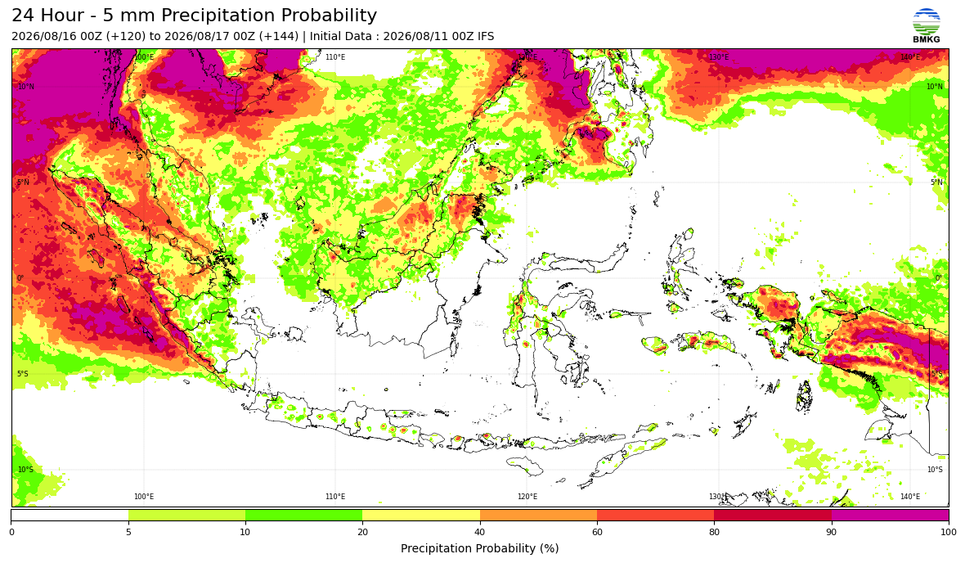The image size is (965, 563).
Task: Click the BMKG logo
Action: (927, 25)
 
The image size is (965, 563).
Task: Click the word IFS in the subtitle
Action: (486, 36)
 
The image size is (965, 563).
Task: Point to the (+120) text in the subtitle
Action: (126, 36)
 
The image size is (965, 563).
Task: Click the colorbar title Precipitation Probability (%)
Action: (479, 548)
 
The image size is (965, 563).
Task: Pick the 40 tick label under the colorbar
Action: (479, 532)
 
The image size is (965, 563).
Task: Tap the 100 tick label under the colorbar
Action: (949, 532)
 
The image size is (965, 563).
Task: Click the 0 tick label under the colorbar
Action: (11, 532)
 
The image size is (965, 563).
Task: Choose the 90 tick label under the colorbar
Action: (832, 532)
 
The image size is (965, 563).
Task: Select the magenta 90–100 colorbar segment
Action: (890, 515)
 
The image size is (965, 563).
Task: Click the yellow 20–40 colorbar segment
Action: (421, 515)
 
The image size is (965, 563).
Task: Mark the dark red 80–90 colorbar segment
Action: (773, 515)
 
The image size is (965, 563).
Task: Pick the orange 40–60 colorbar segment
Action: (538, 515)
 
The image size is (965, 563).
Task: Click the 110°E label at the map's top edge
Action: (335, 57)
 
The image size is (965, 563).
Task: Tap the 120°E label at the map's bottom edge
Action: (527, 497)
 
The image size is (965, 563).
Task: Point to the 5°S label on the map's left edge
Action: (24, 374)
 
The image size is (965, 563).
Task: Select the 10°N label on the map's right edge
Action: (934, 87)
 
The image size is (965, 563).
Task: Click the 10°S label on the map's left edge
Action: (26, 470)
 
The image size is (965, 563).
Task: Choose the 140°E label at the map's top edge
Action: (911, 57)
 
